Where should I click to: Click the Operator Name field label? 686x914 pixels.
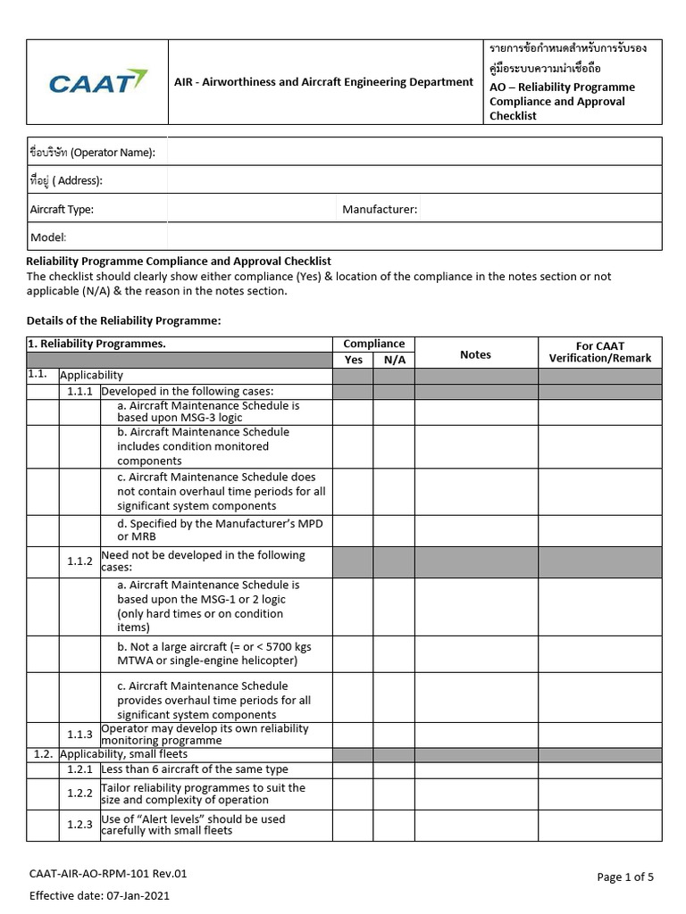point(93,153)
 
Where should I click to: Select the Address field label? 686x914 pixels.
point(67,180)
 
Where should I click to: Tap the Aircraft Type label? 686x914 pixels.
point(62,209)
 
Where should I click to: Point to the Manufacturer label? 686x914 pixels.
point(380,209)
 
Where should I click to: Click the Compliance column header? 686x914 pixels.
point(373,344)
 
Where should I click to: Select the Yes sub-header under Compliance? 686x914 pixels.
point(353,360)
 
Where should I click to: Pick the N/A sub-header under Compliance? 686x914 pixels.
point(394,360)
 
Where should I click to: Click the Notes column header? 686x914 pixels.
point(475,354)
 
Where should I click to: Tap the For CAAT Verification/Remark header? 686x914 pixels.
point(599,352)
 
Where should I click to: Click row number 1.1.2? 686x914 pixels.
point(79,561)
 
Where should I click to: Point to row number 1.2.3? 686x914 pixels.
point(79,825)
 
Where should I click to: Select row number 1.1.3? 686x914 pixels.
point(79,734)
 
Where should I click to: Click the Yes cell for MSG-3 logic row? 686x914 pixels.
point(353,411)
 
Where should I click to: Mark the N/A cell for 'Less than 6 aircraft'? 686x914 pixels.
point(394,769)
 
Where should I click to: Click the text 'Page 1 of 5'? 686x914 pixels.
point(625,877)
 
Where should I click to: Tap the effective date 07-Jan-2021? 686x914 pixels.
point(99,895)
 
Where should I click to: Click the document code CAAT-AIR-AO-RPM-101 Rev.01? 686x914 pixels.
point(108,874)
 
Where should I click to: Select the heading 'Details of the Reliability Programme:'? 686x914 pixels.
point(123,320)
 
